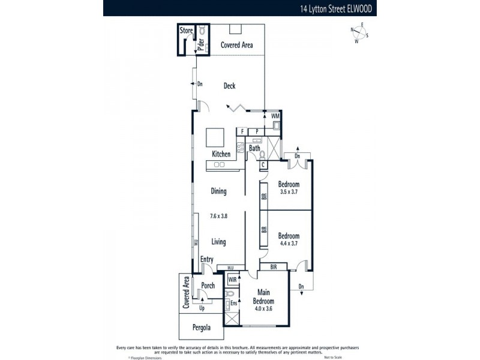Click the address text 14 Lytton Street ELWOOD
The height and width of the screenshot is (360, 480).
pyautogui.click(x=336, y=9)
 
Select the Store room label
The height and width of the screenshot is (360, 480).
pyautogui.click(x=187, y=29)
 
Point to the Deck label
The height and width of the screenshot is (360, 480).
pyautogui.click(x=229, y=86)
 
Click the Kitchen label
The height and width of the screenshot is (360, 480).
pyautogui.click(x=221, y=154)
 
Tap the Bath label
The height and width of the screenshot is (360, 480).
pyautogui.click(x=255, y=148)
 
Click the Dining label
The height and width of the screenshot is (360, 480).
pyautogui.click(x=218, y=191)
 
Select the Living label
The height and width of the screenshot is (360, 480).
pyautogui.click(x=218, y=242)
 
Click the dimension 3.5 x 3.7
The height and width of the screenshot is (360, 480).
pyautogui.click(x=289, y=193)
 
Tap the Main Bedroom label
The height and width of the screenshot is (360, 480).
pyautogui.click(x=263, y=297)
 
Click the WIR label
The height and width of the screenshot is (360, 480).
pyautogui.click(x=232, y=280)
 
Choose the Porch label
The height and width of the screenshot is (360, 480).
pyautogui.click(x=208, y=286)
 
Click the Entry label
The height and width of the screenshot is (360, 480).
pyautogui.click(x=206, y=259)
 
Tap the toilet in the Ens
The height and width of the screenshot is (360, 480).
pyautogui.click(x=230, y=294)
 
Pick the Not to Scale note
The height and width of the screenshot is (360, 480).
pyautogui.click(x=334, y=357)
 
